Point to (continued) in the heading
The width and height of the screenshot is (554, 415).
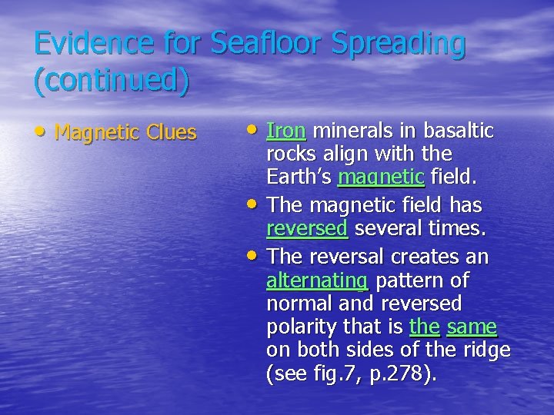[112, 82]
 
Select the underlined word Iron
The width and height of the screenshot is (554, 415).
[286, 131]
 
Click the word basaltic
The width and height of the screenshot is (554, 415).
[455, 131]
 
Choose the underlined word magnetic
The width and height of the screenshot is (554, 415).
[381, 178]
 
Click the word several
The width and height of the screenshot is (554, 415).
[384, 229]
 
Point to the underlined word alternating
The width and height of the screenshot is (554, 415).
[317, 280]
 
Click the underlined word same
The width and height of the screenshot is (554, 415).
[472, 327]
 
